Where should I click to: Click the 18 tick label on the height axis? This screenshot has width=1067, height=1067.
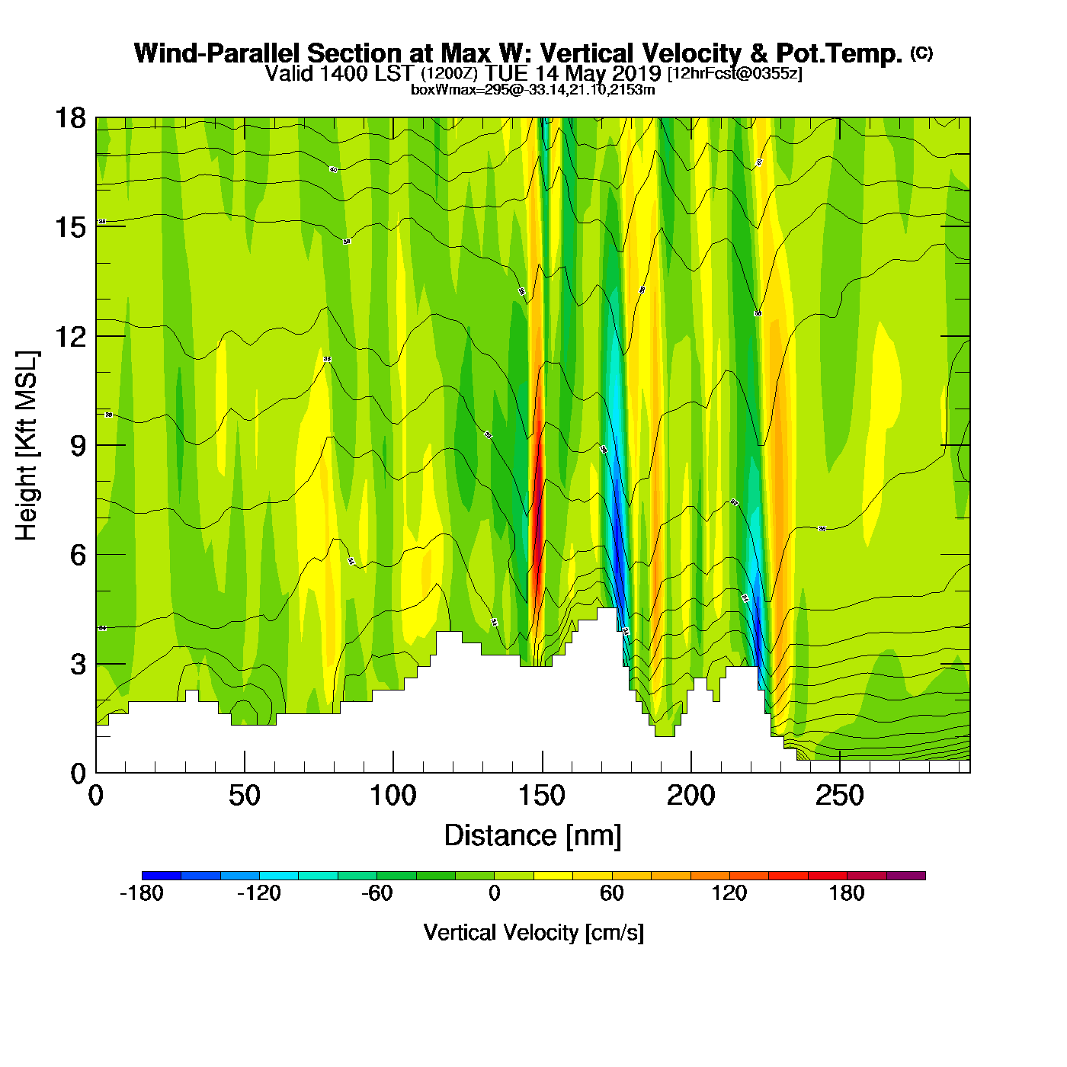[70, 118]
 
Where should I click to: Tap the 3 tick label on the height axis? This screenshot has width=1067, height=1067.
[78, 664]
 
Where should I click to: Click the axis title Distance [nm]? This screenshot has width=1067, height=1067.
[533, 836]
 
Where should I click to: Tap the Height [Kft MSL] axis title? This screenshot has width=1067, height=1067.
[27, 446]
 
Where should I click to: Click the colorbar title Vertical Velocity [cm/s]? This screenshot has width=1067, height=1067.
[533, 932]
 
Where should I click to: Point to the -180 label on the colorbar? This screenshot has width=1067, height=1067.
[142, 893]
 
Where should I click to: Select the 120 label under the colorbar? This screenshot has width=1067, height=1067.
[729, 893]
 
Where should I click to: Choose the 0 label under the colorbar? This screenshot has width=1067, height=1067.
[495, 893]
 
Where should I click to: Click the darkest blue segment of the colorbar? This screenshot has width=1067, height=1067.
[162, 876]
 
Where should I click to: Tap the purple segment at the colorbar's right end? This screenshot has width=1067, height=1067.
[905, 876]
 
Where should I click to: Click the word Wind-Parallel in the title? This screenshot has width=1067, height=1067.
[218, 53]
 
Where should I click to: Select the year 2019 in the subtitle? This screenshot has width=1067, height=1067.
[636, 73]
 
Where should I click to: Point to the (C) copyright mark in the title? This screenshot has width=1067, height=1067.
[921, 53]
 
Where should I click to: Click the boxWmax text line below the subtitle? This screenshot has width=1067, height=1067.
[533, 90]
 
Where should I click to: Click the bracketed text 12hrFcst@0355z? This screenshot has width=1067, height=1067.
[735, 73]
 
